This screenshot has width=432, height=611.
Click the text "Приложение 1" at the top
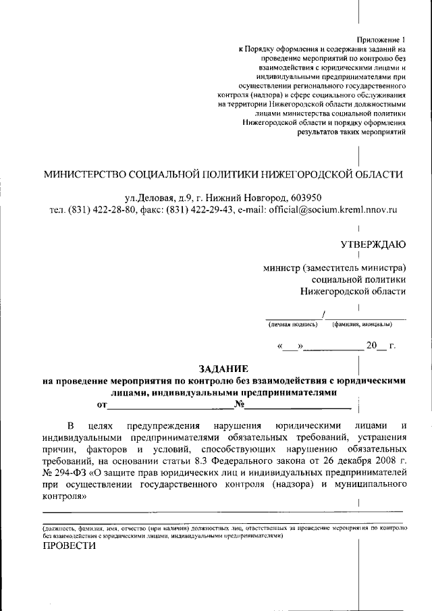(383, 39)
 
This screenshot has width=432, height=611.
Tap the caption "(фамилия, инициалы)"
(361, 324)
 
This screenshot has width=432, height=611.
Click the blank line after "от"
(169, 405)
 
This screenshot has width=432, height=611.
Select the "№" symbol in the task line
(238, 404)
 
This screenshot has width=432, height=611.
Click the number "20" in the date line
(372, 346)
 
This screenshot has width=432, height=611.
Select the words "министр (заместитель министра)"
(334, 267)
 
